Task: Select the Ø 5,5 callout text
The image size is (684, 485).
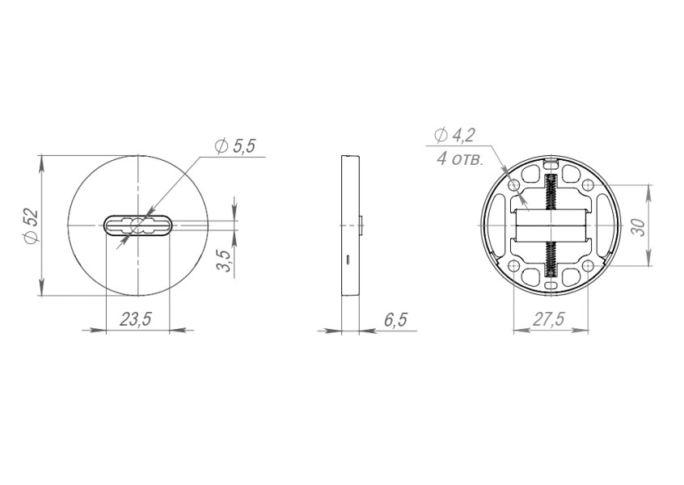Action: (x=235, y=146)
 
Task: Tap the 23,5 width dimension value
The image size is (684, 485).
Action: (x=136, y=319)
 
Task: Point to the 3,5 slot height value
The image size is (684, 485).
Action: (x=225, y=261)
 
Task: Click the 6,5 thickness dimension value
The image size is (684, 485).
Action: (x=395, y=320)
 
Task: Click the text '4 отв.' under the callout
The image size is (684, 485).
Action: (x=460, y=158)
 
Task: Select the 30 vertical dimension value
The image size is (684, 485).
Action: (x=638, y=225)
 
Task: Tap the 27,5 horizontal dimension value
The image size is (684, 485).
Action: (x=548, y=319)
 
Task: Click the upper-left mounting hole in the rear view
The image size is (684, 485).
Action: (x=515, y=185)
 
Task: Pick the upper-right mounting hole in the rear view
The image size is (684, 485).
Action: (x=587, y=185)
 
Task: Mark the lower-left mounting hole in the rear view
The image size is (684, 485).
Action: (x=515, y=265)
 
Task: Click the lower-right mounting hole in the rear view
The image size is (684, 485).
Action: (x=587, y=265)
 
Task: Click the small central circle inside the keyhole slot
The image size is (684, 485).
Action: (x=137, y=225)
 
